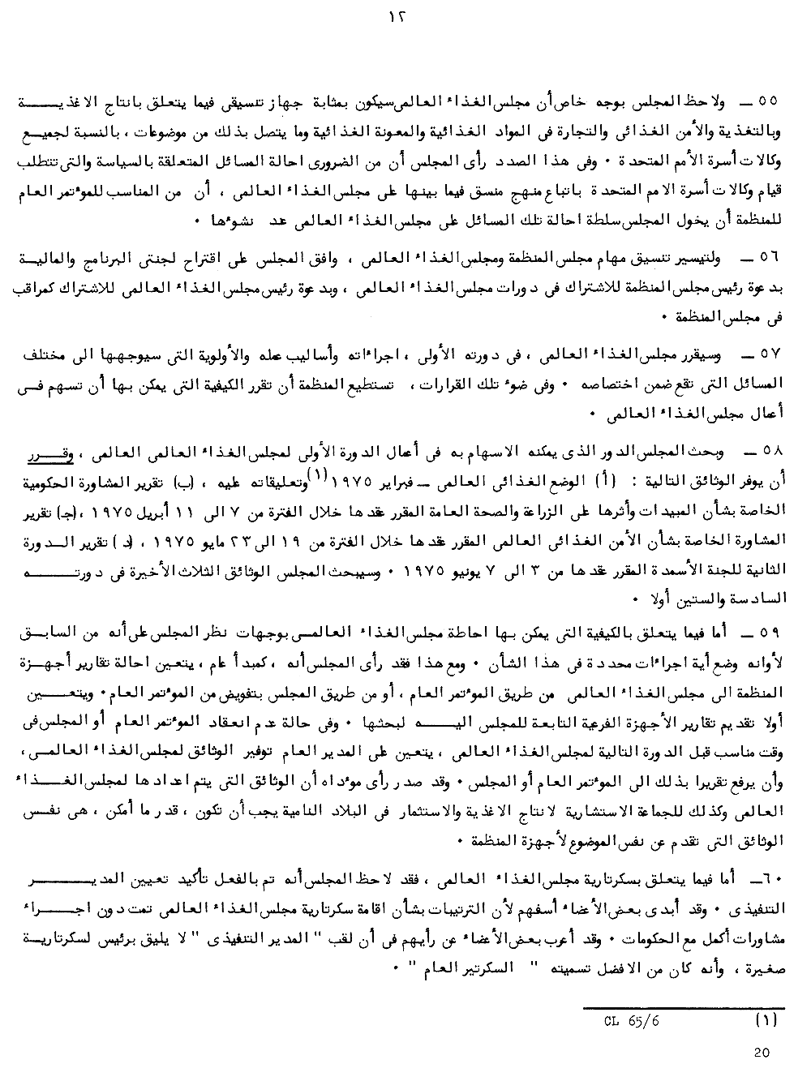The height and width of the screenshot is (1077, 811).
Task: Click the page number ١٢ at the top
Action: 406,16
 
